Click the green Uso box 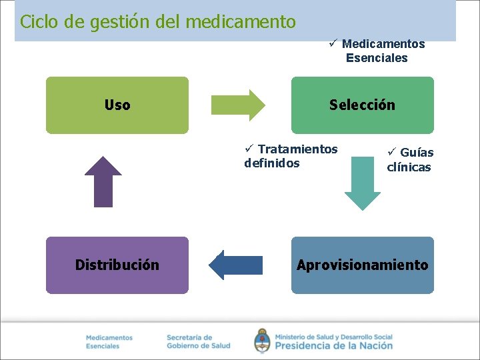tap(117, 105)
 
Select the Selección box tap(362, 105)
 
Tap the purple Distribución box tap(117, 265)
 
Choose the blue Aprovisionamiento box tap(362, 265)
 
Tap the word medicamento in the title tap(240, 22)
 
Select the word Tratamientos tap(297, 149)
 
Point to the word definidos tap(272, 163)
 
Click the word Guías tap(417, 153)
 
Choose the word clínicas tap(409, 167)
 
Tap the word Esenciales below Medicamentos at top tap(377, 58)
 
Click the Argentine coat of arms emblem tap(262, 340)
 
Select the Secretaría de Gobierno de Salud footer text tap(198, 341)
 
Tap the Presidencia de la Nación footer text tap(333, 345)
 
